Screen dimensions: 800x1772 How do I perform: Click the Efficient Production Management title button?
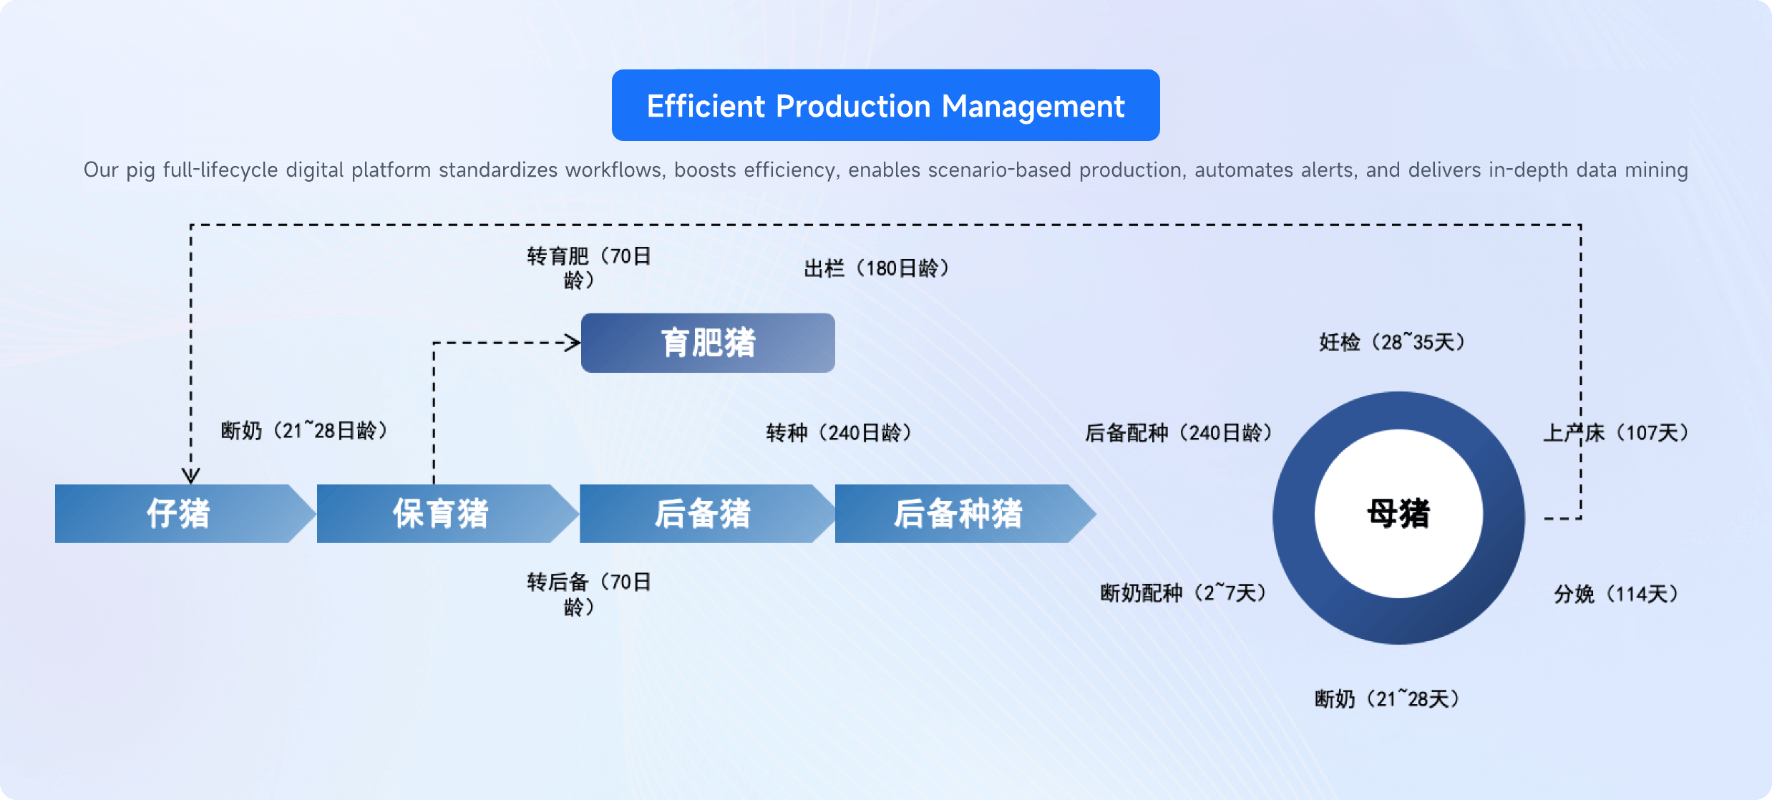coord(885,106)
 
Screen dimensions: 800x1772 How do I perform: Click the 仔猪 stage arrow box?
coord(179,514)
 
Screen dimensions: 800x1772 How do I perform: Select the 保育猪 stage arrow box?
coord(441,514)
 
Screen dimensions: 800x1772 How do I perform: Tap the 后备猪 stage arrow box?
coord(703,514)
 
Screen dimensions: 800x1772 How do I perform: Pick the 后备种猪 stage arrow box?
coord(959,514)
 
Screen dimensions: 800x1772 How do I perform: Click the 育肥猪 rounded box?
coord(708,343)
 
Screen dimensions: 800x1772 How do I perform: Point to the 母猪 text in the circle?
coord(1398,514)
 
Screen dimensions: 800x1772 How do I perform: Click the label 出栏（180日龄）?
coord(877,268)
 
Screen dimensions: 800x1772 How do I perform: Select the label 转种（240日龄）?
coord(839,432)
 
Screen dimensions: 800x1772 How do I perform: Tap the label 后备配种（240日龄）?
coord(1179,432)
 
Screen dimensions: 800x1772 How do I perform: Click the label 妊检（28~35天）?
coord(1392,342)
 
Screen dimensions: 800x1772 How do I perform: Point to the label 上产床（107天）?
coord(1616,432)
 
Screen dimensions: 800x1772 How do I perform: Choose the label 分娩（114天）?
coord(1616,593)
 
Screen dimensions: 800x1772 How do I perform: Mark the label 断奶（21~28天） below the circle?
coord(1387,698)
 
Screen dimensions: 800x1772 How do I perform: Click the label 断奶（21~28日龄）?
coord(304,430)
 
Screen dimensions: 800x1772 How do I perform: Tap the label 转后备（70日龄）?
coord(588,594)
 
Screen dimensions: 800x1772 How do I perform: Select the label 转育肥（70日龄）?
coord(588,268)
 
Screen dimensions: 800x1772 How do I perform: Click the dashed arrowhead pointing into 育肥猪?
coord(573,343)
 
